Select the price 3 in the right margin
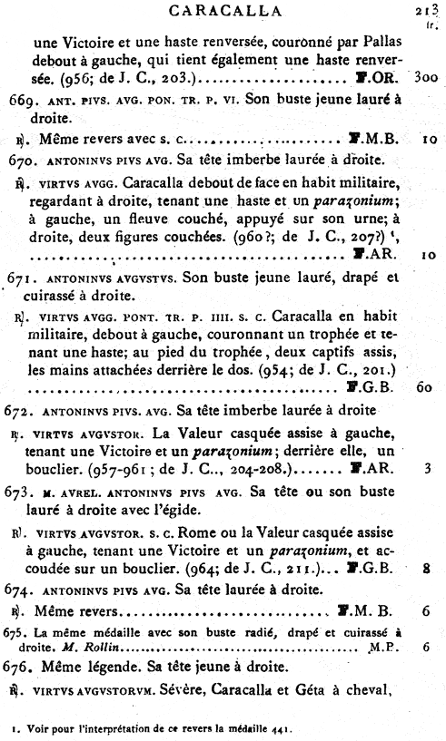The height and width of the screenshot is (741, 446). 426,470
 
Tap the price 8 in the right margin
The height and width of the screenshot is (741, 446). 425,570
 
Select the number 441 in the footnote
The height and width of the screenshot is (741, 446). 295,726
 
